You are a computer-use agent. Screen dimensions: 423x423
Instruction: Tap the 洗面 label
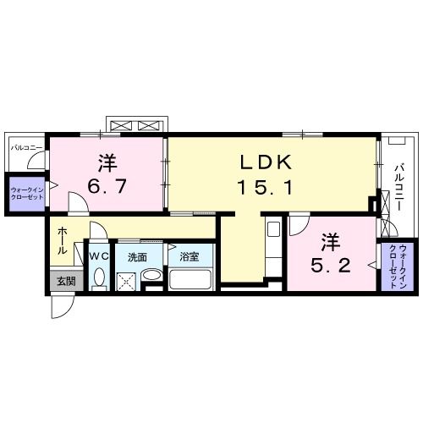138,255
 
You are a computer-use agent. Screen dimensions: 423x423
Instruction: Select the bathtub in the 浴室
192,280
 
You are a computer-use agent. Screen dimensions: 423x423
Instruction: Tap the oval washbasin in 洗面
151,277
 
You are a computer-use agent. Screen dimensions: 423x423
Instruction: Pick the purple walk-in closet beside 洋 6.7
26,188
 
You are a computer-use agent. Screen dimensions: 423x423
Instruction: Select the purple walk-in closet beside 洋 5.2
393,266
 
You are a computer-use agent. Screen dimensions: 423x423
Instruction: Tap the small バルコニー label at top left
26,147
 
